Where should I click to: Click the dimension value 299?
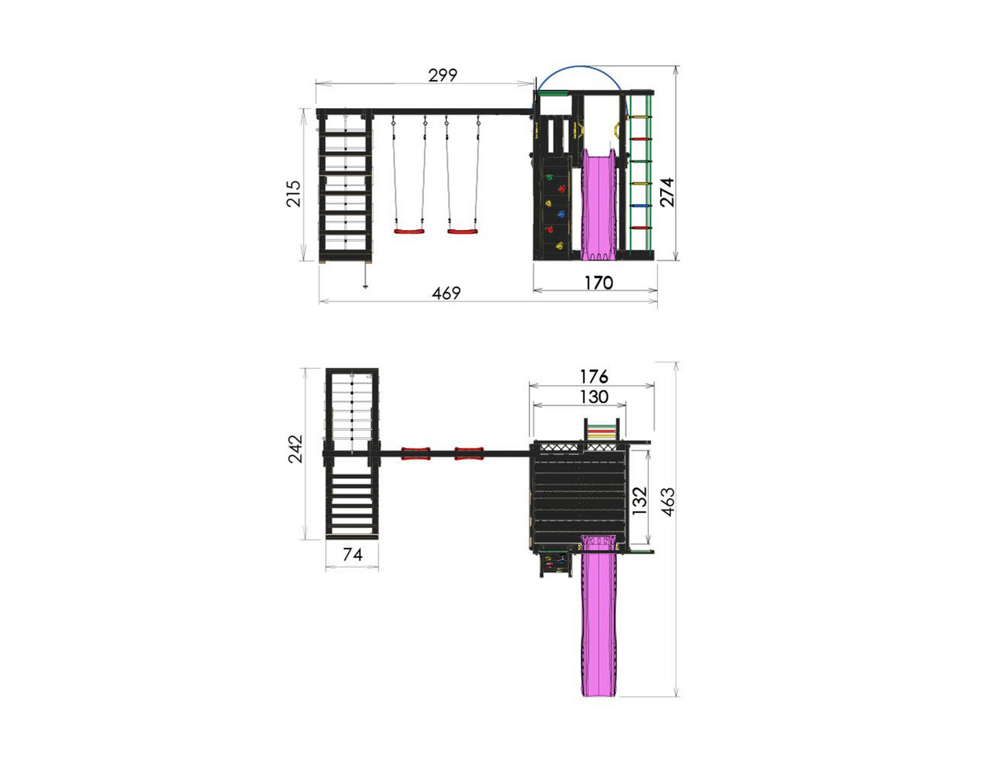tap(443, 75)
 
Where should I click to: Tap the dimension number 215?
tap(294, 193)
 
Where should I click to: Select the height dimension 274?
tap(667, 192)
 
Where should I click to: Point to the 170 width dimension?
tap(598, 283)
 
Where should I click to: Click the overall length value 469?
tap(446, 293)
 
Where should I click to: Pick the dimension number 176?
tap(594, 377)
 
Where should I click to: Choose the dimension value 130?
tap(594, 396)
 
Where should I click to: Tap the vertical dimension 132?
tap(640, 500)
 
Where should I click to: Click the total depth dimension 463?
tap(668, 502)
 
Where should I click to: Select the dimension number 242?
tap(295, 449)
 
